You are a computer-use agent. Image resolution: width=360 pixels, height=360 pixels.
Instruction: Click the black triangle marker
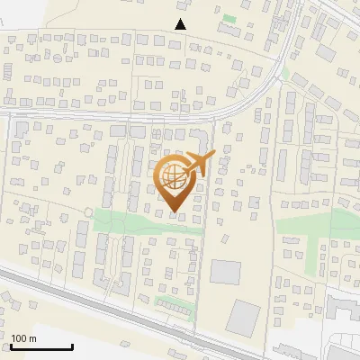(181, 24)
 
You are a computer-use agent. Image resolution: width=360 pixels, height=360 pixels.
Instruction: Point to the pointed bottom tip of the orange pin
(173, 212)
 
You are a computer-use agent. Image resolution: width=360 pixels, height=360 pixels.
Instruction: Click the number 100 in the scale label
(19, 337)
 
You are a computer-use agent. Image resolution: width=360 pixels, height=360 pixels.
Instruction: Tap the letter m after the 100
(31, 337)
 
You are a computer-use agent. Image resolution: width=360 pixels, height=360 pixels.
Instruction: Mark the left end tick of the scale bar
(11, 346)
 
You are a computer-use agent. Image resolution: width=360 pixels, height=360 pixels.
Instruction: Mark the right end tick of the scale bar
(72, 346)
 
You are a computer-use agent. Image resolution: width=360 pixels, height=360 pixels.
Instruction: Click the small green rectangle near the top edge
(229, 18)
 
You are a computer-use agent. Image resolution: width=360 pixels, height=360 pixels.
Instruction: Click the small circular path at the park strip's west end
(88, 211)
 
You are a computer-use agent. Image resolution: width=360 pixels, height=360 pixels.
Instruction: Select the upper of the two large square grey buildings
(226, 272)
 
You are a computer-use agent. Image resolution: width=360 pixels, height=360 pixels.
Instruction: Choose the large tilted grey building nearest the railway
(243, 316)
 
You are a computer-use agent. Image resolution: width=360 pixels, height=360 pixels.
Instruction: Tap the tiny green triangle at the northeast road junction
(285, 74)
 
